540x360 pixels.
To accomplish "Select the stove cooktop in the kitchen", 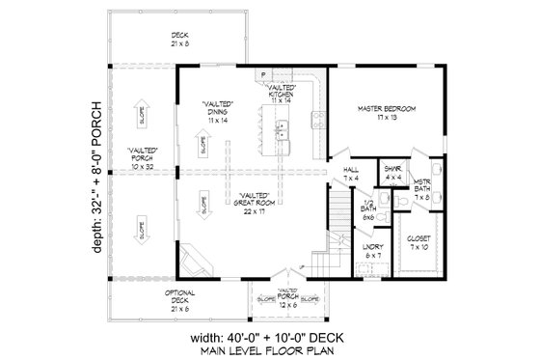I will tap(314, 121).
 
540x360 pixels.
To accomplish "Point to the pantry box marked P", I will tap(260, 75).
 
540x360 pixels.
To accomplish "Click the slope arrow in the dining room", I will tap(203, 145).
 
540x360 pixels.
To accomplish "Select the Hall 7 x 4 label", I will tap(350, 174).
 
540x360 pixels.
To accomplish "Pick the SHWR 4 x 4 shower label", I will tap(393, 173).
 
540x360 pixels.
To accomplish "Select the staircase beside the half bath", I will tap(331, 232).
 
